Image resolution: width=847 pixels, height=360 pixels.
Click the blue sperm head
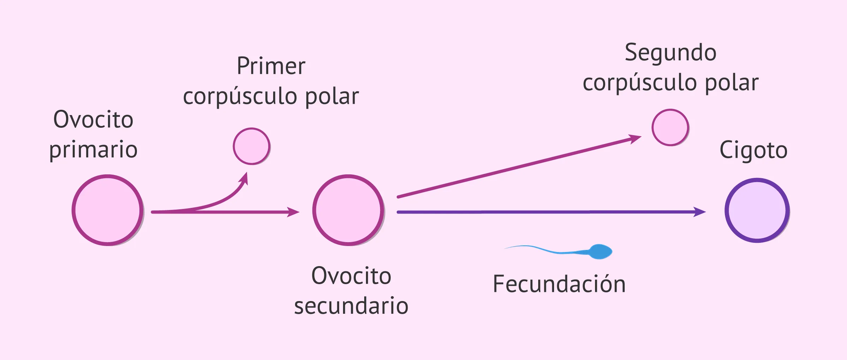[x=601, y=252]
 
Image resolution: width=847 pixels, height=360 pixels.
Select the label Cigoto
[x=753, y=150]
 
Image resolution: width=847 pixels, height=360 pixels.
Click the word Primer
[x=271, y=66]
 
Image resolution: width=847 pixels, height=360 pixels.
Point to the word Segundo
[x=670, y=53]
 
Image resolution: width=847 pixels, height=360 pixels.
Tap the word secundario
[x=351, y=306]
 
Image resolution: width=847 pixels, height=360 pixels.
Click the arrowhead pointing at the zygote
[x=699, y=212]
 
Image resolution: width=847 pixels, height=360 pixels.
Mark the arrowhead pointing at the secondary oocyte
[x=293, y=212]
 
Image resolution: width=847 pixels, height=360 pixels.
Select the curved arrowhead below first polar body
[x=244, y=179]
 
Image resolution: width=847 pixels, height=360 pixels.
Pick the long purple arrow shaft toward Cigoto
[x=545, y=212]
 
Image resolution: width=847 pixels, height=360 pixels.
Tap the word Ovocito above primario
[x=93, y=119]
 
